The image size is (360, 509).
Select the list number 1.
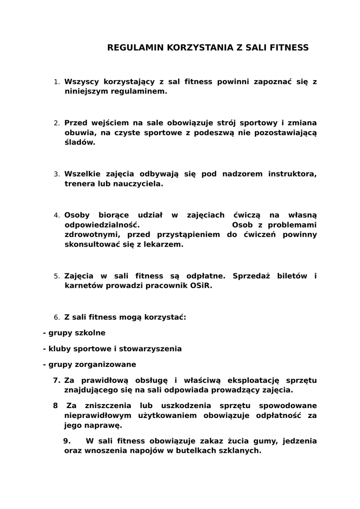[x=57, y=82]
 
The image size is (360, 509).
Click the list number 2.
[x=57, y=123]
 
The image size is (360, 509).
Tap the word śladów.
[x=80, y=142]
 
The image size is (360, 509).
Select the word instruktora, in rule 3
[x=292, y=174]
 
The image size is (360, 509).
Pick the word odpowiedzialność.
[x=102, y=225]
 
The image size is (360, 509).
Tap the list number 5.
[x=57, y=276]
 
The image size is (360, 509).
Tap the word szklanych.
[x=241, y=450]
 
